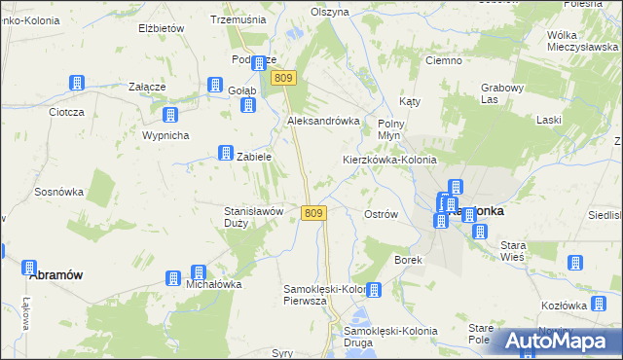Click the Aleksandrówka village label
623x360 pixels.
323,121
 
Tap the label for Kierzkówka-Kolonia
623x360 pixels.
389,160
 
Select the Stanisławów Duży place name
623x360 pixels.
253,216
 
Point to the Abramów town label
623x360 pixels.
55,275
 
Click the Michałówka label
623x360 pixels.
212,284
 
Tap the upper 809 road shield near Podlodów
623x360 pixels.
283,78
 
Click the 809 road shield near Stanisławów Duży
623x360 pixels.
312,213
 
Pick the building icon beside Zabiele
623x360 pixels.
225,154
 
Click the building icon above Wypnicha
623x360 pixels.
170,115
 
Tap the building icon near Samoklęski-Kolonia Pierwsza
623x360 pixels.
374,290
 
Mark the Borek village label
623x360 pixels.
406,261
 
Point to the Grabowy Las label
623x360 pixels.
501,92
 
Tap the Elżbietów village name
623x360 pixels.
162,29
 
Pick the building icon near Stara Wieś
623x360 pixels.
574,263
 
